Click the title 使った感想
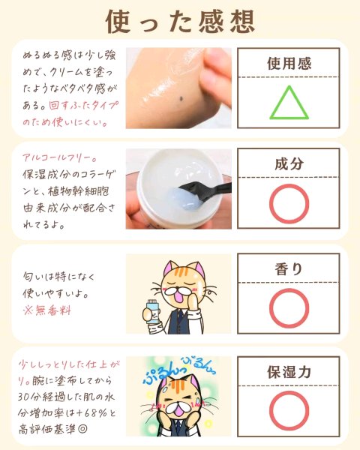[180, 22]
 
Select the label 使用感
[289, 64]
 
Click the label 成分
[289, 163]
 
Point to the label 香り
[289, 269]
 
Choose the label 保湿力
[289, 372]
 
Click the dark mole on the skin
[181, 99]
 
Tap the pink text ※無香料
[47, 310]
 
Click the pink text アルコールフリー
[58, 157]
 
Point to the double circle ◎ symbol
[82, 430]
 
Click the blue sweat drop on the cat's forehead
[166, 389]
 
